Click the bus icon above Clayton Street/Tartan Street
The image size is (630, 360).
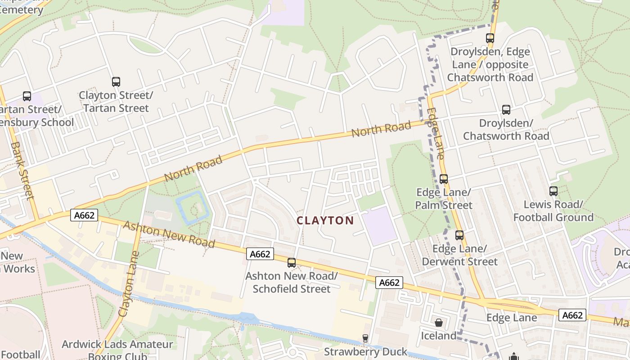116,82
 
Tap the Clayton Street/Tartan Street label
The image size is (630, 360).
116,102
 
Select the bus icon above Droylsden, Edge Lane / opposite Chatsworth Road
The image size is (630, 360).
490,38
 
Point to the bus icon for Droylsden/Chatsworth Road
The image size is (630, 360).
506,110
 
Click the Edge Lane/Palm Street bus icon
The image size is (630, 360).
444,179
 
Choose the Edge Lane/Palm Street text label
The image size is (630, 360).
444,199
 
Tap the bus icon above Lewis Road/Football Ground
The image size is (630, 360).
553,191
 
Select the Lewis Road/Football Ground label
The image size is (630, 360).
553,211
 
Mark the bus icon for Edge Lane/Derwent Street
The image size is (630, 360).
459,235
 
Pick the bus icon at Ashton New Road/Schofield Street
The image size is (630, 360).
292,263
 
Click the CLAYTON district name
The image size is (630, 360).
325,220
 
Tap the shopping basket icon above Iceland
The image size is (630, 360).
439,323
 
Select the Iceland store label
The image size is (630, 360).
439,336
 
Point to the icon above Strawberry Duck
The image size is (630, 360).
365,338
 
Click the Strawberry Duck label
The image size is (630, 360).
365,351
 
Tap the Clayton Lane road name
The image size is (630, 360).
127,288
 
